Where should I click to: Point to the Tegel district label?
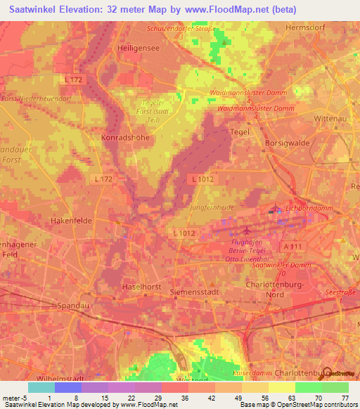pos(240,131)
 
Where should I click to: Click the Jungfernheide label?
pos(210,209)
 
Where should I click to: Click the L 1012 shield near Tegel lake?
pos(202,180)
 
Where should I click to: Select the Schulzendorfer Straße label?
pos(180,29)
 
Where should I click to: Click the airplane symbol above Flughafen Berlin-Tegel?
pos(245,231)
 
